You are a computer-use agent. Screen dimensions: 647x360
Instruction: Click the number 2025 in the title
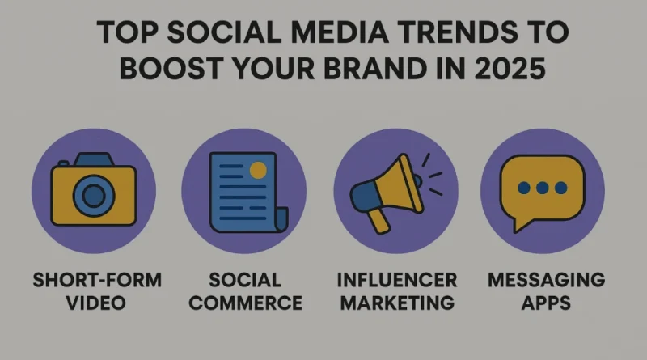(x=510, y=68)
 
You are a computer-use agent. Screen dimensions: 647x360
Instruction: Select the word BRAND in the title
(x=374, y=68)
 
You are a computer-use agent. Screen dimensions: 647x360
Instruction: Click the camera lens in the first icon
(x=94, y=195)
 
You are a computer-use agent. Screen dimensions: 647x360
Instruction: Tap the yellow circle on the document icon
(x=258, y=170)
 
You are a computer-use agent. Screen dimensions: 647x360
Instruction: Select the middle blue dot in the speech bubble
(x=542, y=188)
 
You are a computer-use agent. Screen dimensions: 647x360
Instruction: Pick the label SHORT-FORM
(x=97, y=280)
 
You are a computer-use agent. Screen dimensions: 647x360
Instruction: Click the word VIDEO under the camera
(x=95, y=303)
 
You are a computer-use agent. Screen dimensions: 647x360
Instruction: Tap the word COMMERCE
(x=246, y=303)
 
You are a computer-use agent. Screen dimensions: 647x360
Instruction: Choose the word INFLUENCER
(x=397, y=280)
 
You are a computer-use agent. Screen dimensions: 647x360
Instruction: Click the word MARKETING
(x=397, y=303)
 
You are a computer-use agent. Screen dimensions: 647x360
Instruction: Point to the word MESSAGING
(x=547, y=280)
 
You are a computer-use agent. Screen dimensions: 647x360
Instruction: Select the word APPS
(x=546, y=303)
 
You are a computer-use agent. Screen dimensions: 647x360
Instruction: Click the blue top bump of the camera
(x=94, y=159)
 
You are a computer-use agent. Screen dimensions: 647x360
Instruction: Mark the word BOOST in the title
(x=171, y=68)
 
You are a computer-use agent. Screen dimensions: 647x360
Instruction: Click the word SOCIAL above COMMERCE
(x=245, y=280)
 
